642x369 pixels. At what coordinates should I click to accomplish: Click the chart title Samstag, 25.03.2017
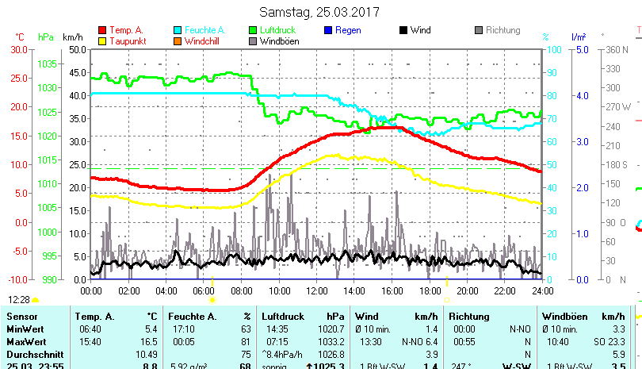coord(320,12)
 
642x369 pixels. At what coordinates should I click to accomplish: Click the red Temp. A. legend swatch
coord(102,30)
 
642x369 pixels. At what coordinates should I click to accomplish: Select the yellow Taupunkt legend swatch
coord(102,41)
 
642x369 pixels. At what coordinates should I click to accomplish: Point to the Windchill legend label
coord(204,41)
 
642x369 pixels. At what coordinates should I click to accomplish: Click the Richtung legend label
coord(503,30)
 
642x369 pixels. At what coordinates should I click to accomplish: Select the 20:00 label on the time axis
coord(467,290)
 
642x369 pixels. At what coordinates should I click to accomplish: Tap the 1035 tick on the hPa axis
coord(47,63)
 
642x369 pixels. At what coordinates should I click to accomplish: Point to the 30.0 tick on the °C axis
coord(19,49)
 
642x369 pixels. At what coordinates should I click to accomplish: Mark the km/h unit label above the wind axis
coord(72,37)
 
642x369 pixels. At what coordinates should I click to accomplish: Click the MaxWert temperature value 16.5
coord(149,341)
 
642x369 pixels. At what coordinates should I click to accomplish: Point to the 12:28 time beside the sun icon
coord(19,300)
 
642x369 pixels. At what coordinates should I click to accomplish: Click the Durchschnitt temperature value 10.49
coord(147,354)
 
